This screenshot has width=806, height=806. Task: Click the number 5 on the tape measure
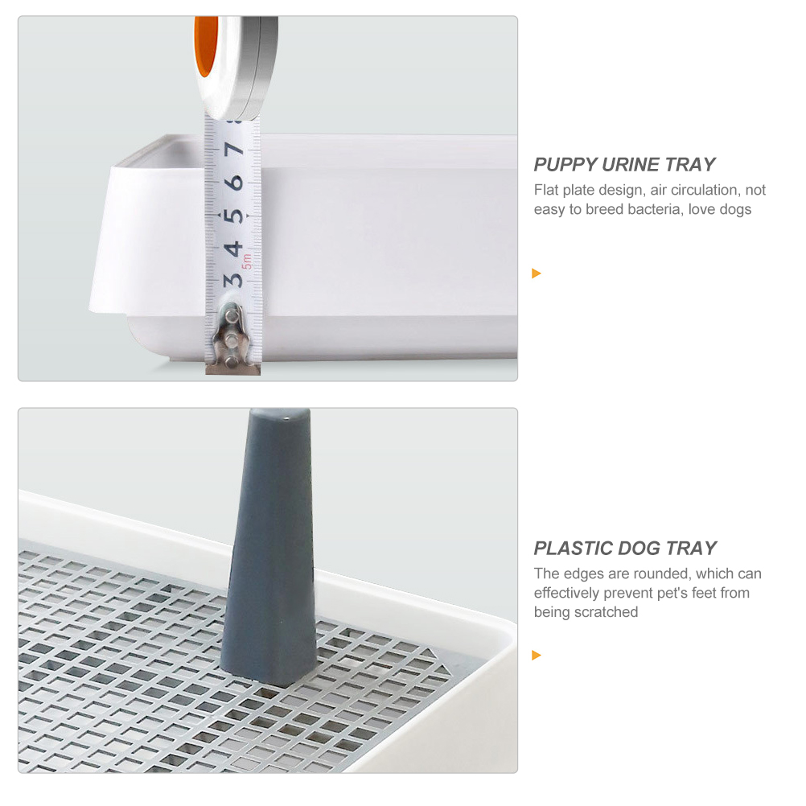point(234,216)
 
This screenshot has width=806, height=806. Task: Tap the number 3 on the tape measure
point(233,279)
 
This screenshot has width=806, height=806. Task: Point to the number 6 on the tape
point(234,183)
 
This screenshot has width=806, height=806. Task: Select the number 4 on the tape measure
point(233,248)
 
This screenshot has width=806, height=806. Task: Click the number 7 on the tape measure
point(234,150)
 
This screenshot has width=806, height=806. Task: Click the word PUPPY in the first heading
point(565,165)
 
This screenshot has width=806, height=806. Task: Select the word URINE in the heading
point(631,165)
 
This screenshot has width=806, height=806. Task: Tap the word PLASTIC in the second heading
point(574,549)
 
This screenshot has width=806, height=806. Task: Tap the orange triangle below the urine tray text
point(537,273)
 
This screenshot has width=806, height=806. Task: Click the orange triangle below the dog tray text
point(537,656)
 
